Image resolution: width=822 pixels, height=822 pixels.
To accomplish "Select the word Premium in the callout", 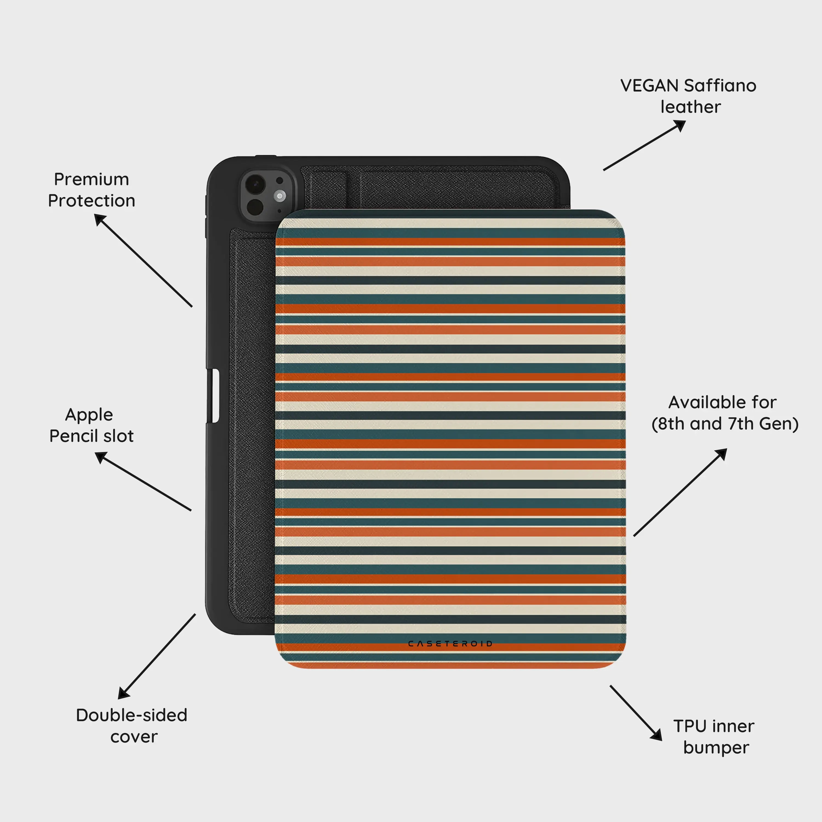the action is click(92, 179).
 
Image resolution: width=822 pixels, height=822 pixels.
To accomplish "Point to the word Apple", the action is click(89, 415).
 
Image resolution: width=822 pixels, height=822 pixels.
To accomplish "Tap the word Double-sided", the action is click(132, 715).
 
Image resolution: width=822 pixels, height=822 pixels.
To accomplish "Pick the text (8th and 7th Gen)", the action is click(725, 424).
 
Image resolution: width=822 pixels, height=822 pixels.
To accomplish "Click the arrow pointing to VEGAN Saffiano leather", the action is click(644, 145).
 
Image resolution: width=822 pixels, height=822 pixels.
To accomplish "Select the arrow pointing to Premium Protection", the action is click(143, 260).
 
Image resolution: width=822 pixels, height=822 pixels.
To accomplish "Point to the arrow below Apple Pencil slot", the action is click(143, 481).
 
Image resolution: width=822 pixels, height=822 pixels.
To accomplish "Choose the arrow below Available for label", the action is click(680, 492).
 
